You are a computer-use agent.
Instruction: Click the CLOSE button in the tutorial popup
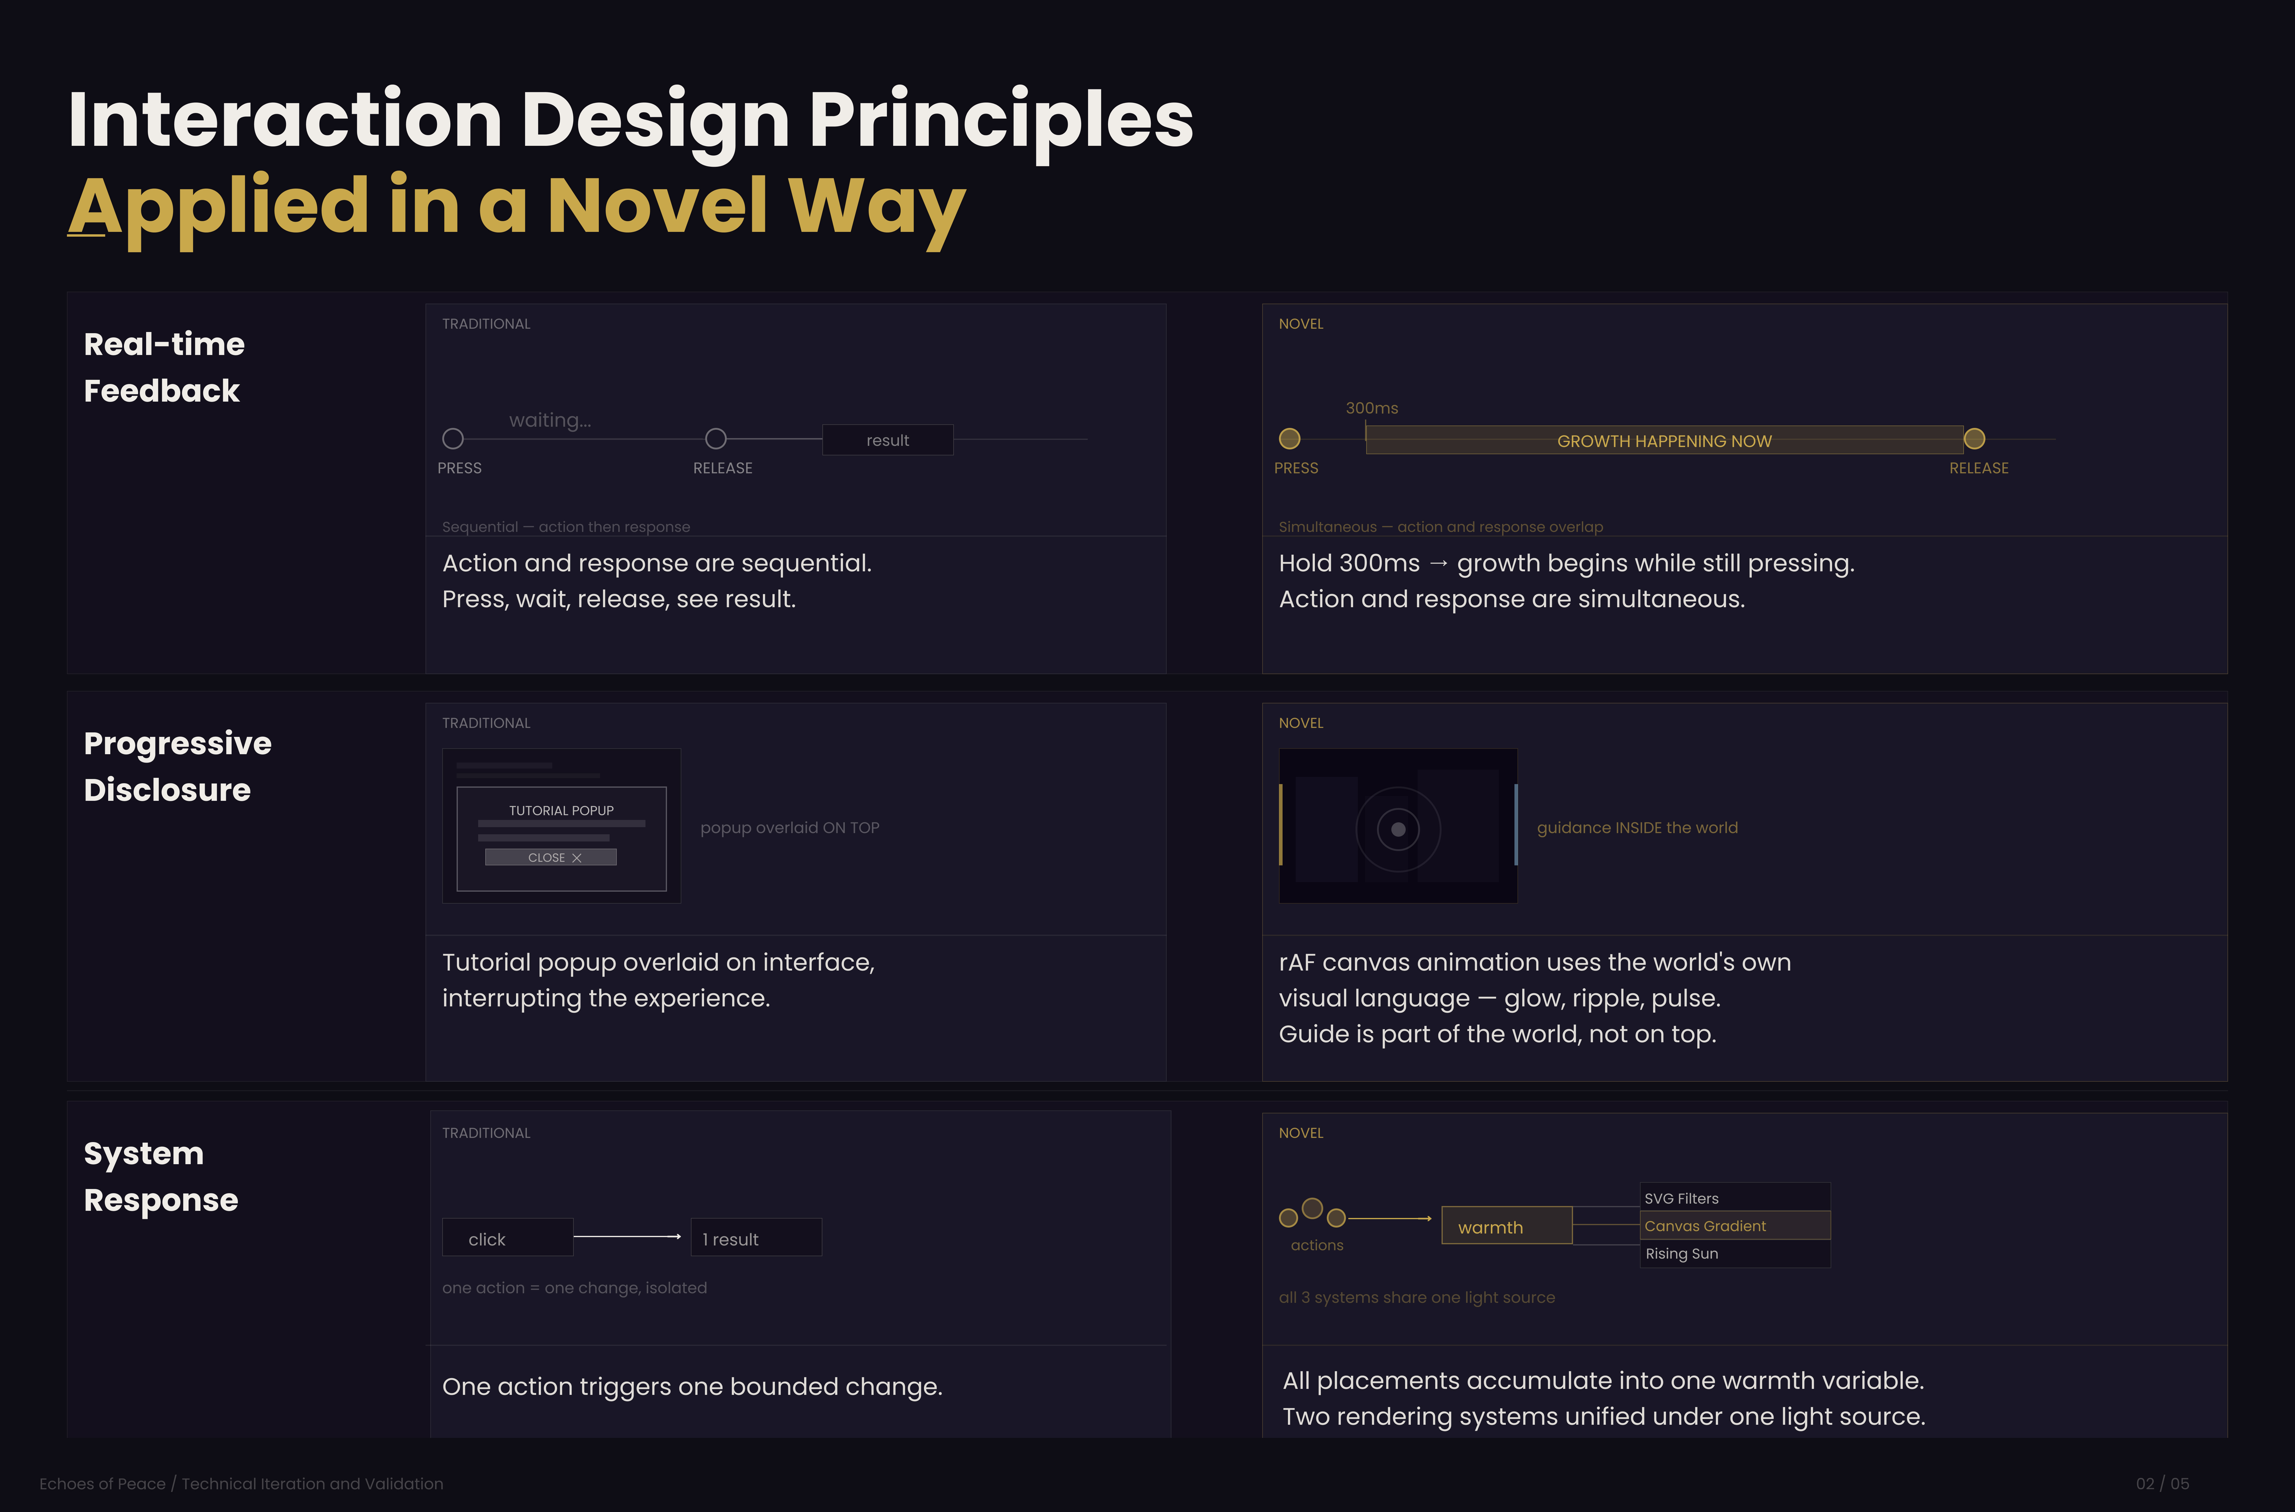(551, 857)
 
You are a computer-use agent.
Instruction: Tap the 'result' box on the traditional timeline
(887, 440)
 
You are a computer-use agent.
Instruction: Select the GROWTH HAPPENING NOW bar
(1664, 441)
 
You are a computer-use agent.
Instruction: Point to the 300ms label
(1371, 408)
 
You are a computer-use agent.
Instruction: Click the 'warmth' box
(1506, 1226)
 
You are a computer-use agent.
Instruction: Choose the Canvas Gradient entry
(1735, 1226)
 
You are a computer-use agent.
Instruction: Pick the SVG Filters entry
(1735, 1198)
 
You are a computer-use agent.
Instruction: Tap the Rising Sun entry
(1735, 1254)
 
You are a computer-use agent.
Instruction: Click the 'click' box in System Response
(507, 1238)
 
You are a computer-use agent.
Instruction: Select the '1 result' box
(756, 1238)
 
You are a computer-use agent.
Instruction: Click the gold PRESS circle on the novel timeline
(1289, 439)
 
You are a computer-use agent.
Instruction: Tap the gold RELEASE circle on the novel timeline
(1974, 439)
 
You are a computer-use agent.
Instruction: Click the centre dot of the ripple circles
(1398, 829)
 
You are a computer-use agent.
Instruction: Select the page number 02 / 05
(2162, 1483)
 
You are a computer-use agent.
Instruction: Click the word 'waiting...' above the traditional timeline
(550, 420)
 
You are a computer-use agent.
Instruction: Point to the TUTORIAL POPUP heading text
(561, 810)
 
